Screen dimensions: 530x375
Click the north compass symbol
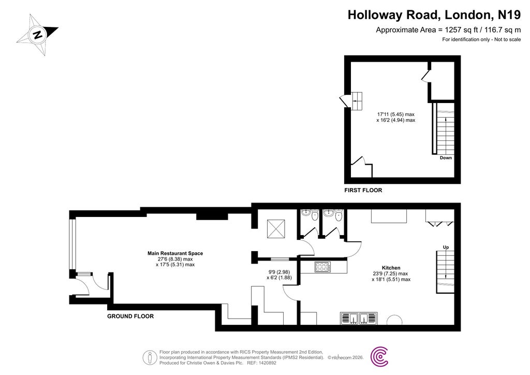(x=37, y=35)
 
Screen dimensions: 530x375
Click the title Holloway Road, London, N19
(x=434, y=15)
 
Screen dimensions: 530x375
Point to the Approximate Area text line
(x=449, y=30)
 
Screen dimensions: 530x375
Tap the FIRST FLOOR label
(x=363, y=191)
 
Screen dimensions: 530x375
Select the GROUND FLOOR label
(x=130, y=316)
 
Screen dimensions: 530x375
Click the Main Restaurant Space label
(x=175, y=253)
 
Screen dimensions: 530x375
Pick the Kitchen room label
(x=391, y=268)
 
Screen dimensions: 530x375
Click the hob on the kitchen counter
(x=322, y=267)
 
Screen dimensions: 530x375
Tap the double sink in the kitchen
(x=359, y=318)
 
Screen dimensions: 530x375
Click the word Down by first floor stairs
(x=446, y=158)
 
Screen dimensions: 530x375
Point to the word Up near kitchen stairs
(x=446, y=248)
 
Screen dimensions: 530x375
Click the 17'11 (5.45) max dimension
(x=396, y=114)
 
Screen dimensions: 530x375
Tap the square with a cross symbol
(x=276, y=228)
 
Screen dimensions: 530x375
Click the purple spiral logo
(x=379, y=356)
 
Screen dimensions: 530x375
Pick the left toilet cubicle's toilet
(x=315, y=215)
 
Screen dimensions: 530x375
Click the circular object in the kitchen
(x=394, y=320)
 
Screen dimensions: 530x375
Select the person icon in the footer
(x=150, y=358)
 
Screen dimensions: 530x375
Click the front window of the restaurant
(x=71, y=244)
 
